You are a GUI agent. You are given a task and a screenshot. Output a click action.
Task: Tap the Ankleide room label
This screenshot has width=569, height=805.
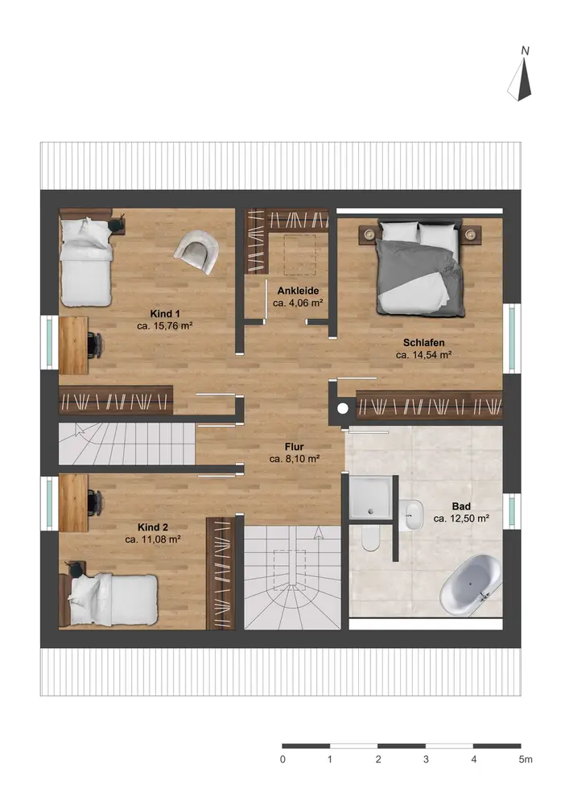pyautogui.click(x=298, y=291)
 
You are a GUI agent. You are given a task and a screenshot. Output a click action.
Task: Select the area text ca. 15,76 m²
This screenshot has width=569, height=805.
pyautogui.click(x=165, y=325)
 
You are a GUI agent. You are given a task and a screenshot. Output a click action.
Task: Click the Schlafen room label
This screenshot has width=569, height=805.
pyautogui.click(x=424, y=342)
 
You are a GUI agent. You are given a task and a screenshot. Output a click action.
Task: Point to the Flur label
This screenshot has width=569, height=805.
pyautogui.click(x=294, y=447)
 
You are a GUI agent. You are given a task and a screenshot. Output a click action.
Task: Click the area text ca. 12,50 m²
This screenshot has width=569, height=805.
pyautogui.click(x=461, y=518)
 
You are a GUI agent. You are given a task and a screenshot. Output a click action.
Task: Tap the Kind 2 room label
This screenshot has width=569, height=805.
pyautogui.click(x=153, y=527)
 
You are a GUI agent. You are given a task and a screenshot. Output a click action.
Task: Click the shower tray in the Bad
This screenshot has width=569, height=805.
pyautogui.click(x=370, y=497)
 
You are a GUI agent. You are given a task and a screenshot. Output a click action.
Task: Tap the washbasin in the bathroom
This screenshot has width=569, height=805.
pyautogui.click(x=411, y=515)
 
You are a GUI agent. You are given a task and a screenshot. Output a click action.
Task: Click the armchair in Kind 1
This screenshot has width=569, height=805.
pyautogui.click(x=196, y=251)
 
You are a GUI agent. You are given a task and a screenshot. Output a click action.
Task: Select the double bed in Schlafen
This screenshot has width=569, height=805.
pyautogui.click(x=421, y=268)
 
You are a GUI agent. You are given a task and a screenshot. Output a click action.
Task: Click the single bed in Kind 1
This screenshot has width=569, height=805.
pyautogui.click(x=85, y=262)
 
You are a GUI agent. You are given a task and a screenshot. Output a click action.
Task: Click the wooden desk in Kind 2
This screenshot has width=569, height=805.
pyautogui.click(x=73, y=502)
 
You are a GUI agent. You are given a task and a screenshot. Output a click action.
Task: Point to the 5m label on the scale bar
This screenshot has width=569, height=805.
pyautogui.click(x=525, y=759)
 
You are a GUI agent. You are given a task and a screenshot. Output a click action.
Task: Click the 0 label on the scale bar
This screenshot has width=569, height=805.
pyautogui.click(x=282, y=759)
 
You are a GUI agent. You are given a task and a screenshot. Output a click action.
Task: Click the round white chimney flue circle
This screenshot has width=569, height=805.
pyautogui.click(x=343, y=409)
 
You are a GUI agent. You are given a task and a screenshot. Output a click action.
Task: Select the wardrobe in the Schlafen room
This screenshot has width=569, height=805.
pyautogui.click(x=429, y=406)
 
